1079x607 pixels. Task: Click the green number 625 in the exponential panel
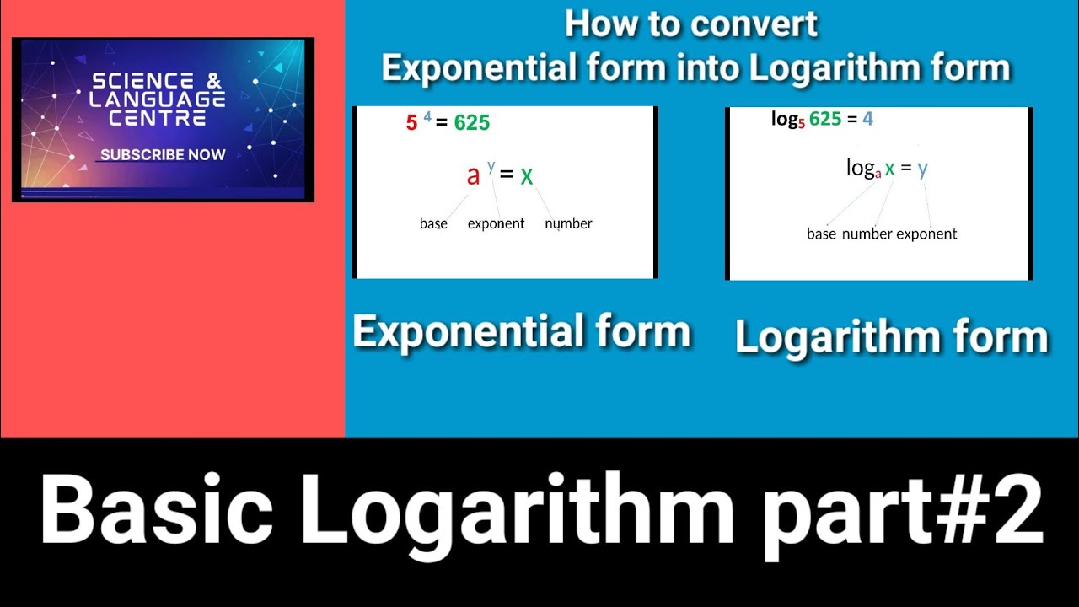[471, 123]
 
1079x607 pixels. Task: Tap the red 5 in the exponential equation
[411, 123]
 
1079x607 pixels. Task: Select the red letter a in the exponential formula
[473, 175]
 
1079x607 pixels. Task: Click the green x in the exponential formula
[527, 175]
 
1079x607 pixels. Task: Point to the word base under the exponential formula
[433, 223]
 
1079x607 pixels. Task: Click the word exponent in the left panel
[496, 223]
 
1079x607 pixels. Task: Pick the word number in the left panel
[568, 223]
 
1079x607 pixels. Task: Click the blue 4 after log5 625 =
[867, 119]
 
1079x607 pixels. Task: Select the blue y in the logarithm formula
[922, 168]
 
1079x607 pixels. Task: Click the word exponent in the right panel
[926, 234]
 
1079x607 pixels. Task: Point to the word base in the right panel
[821, 234]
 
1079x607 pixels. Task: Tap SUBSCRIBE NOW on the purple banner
[163, 155]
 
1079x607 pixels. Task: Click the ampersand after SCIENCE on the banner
[213, 82]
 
